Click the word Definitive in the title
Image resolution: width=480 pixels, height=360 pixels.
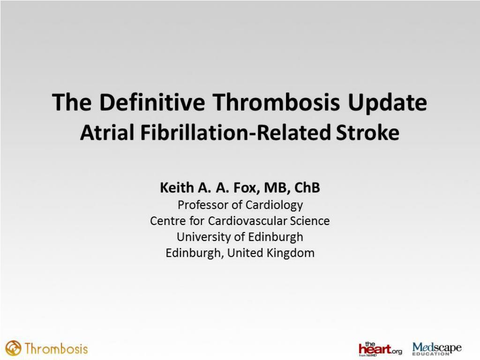(152, 102)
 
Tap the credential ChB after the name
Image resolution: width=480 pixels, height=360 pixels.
(307, 187)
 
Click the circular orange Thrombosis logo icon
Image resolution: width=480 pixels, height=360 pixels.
(13, 348)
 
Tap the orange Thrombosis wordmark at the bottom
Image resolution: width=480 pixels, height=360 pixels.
(56, 349)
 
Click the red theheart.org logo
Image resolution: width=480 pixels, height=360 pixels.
(380, 349)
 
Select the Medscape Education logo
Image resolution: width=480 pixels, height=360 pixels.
(437, 349)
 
